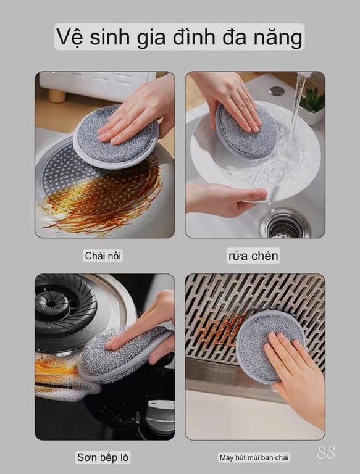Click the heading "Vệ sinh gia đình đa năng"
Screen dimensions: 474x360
179,37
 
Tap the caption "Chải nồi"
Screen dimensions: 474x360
103,255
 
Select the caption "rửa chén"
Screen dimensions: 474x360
253,256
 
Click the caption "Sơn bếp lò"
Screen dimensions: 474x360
104,457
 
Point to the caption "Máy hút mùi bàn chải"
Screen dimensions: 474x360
254,457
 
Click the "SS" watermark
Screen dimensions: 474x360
326,452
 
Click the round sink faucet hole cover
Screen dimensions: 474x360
277,91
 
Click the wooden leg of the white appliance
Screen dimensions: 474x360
57,96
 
